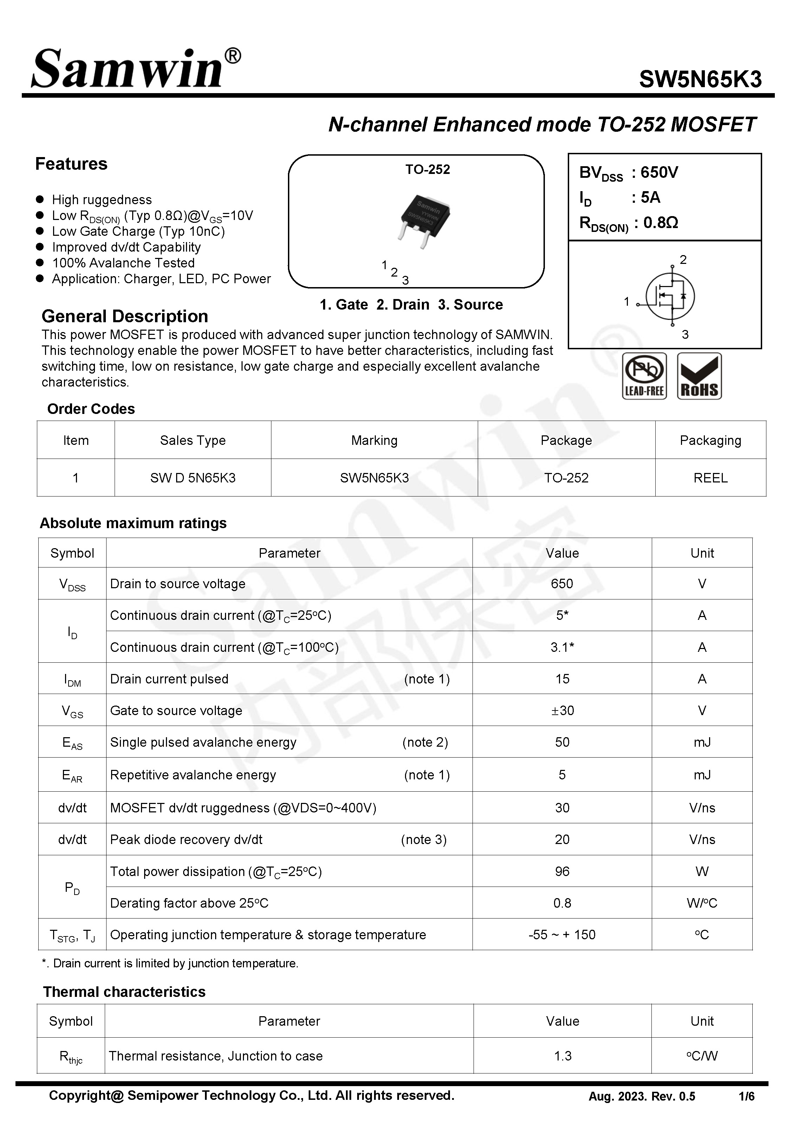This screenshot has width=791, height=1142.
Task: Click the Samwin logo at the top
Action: point(135,69)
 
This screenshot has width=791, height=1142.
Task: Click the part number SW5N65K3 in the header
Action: point(700,79)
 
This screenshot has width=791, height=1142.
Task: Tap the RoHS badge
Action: point(699,376)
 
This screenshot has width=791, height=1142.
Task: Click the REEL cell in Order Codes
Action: point(710,478)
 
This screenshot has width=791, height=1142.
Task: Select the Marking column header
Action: point(374,440)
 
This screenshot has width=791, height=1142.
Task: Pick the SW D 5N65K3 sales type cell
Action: point(193,478)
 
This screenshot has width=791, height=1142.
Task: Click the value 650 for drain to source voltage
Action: point(562,583)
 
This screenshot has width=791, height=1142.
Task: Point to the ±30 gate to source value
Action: point(562,710)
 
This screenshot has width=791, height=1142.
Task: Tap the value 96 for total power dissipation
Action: point(562,871)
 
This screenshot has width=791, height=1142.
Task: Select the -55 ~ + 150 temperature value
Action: point(562,934)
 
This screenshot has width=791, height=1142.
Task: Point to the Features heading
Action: point(71,164)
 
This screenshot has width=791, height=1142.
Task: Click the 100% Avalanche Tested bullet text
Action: point(123,263)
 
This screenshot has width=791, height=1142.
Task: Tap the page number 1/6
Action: point(746,1096)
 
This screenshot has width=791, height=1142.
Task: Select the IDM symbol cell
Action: point(72,679)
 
